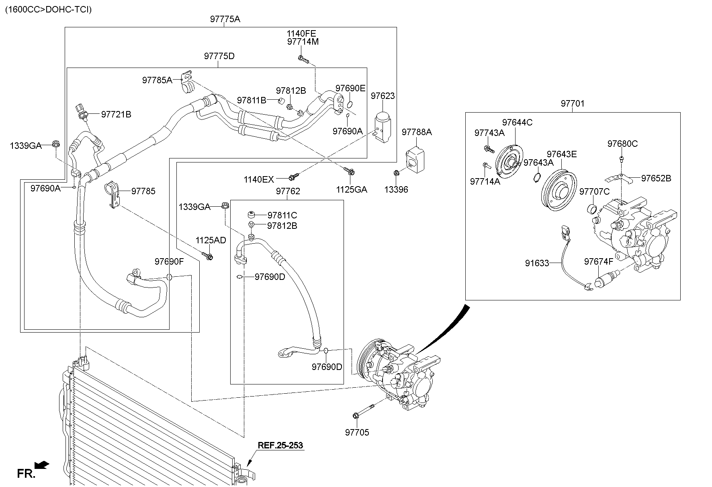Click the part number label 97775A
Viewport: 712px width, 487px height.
tap(225, 19)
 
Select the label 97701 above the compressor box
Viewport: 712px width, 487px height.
tap(573, 103)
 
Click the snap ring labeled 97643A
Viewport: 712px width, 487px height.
tap(537, 177)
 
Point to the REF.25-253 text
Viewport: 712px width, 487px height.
tap(280, 445)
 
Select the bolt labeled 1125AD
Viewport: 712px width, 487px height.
tap(208, 256)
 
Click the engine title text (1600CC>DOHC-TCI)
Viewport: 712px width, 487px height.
tap(48, 9)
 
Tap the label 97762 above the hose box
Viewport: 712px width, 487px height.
tap(288, 191)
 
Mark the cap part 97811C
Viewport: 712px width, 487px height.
tap(252, 214)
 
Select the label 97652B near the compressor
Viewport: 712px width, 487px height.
tap(656, 178)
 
